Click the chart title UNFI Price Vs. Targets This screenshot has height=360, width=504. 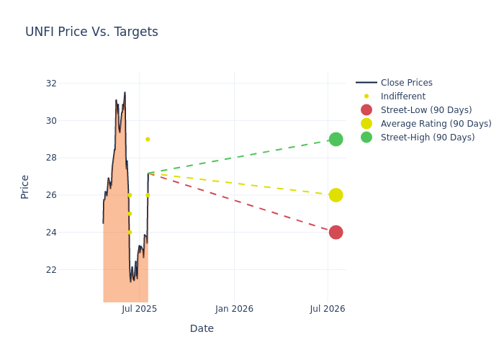[91, 32]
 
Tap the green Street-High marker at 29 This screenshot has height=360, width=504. [336, 139]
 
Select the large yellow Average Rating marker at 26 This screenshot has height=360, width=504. [336, 195]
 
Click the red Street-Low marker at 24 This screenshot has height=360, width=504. [336, 233]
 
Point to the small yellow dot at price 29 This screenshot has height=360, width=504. [148, 139]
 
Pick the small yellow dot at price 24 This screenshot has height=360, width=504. [130, 233]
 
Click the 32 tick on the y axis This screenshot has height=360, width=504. [51, 84]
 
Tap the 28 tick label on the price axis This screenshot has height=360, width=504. [51, 158]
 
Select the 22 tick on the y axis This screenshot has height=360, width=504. [51, 270]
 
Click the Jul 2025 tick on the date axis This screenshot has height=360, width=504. [140, 309]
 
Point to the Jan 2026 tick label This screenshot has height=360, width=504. [234, 309]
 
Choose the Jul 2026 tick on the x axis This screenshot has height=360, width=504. [328, 309]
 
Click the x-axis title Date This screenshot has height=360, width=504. [202, 329]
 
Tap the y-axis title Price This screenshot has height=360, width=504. [25, 186]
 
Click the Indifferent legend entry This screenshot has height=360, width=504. [402, 96]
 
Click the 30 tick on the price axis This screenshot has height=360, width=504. [51, 120]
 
